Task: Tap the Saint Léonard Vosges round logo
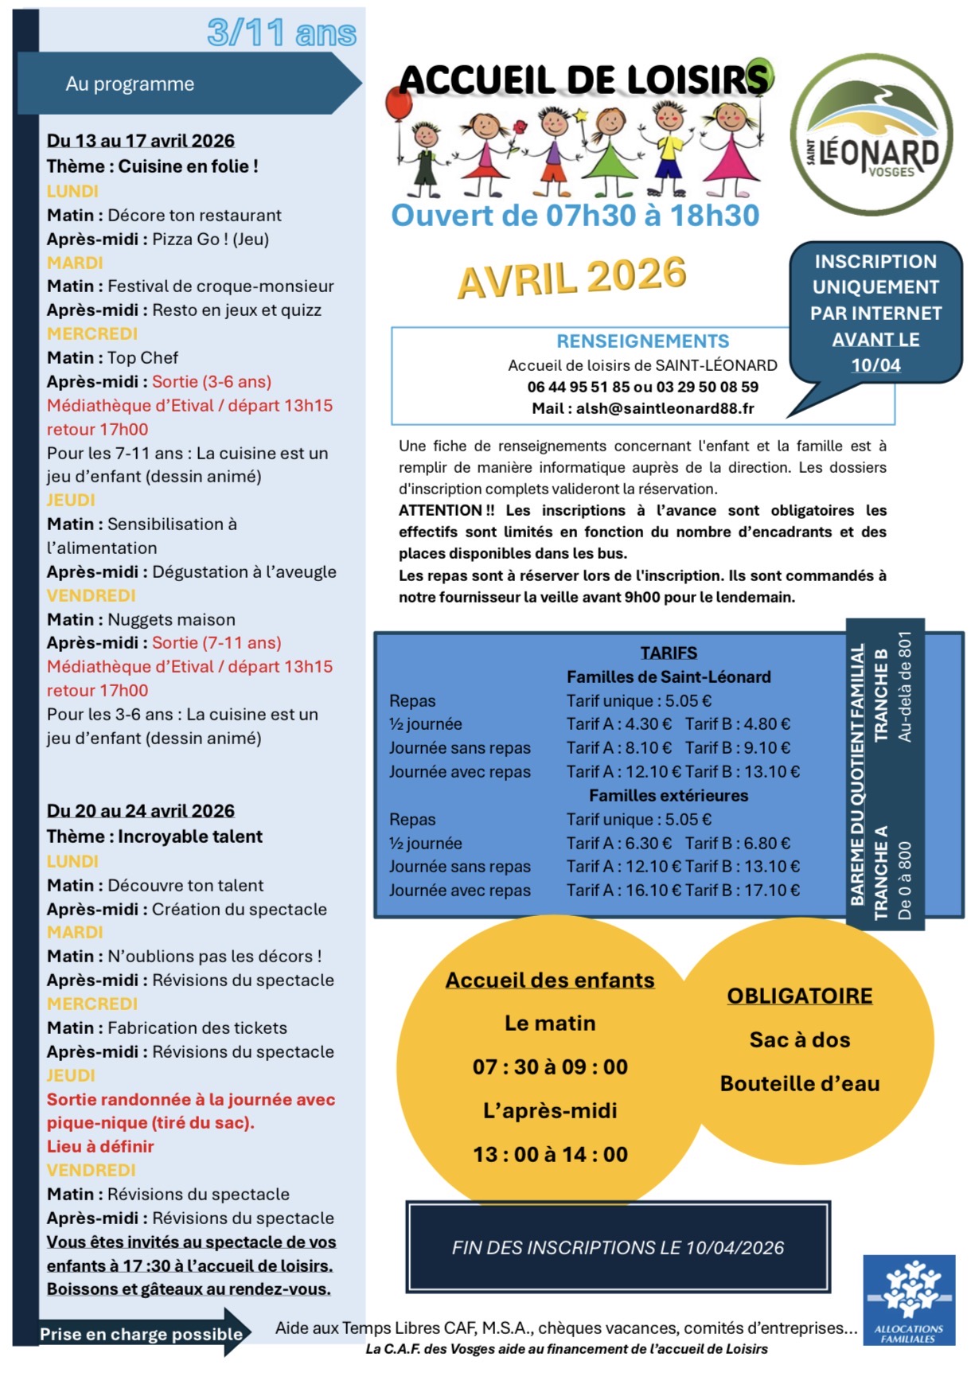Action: (x=872, y=135)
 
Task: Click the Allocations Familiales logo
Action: (x=909, y=1300)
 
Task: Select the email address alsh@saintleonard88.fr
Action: (x=665, y=408)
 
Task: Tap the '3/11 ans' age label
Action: (x=282, y=33)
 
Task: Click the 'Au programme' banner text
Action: (x=130, y=84)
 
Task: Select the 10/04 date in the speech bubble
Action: (x=876, y=365)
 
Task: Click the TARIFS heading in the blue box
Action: (x=669, y=653)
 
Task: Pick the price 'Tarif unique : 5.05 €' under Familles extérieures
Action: (x=638, y=819)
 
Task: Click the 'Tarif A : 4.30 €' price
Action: (x=619, y=723)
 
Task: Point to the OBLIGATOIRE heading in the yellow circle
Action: (x=799, y=996)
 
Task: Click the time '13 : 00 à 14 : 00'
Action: (x=550, y=1154)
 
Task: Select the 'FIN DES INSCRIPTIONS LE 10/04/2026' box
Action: (x=618, y=1247)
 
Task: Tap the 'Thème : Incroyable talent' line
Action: (x=154, y=836)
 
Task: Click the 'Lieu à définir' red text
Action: (x=100, y=1146)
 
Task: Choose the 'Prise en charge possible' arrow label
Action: (x=141, y=1334)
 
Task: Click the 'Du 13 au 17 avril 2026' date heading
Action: (x=141, y=141)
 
